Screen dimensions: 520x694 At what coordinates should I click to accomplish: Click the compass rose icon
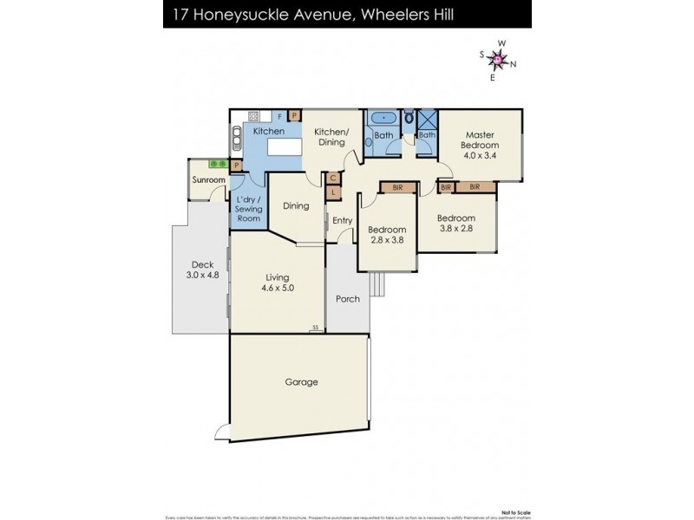(498, 59)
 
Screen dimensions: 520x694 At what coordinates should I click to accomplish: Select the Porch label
(347, 299)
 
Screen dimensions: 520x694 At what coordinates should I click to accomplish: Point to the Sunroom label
(209, 180)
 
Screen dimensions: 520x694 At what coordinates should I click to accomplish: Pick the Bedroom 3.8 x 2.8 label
(455, 224)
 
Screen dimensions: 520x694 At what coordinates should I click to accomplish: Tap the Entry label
(342, 220)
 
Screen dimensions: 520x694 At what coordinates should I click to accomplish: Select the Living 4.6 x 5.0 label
(278, 283)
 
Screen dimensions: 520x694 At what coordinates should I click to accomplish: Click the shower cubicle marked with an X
(428, 119)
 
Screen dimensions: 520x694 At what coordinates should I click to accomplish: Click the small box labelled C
(333, 178)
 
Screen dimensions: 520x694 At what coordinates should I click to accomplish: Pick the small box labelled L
(333, 192)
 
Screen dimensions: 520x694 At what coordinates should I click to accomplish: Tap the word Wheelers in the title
(388, 13)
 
